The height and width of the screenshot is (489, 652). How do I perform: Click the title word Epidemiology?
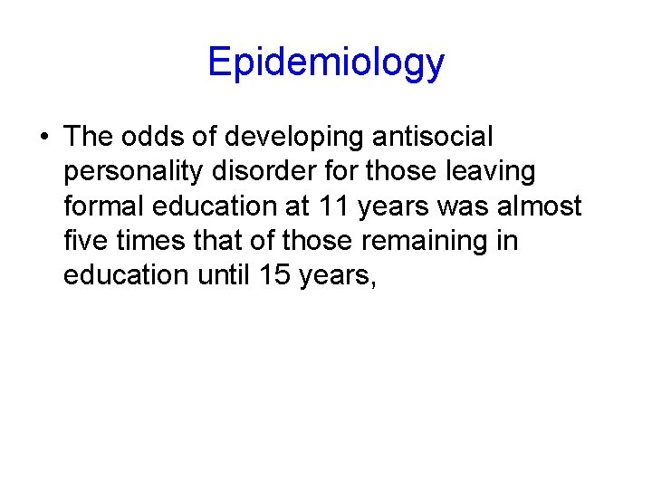pos(326,63)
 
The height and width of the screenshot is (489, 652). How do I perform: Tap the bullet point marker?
pos(43,138)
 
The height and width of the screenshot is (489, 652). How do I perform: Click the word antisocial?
pos(434,138)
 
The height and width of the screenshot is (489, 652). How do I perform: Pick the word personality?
pos(131,172)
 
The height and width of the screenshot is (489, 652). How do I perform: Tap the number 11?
pos(333,206)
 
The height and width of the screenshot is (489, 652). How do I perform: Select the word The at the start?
pos(87,138)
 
